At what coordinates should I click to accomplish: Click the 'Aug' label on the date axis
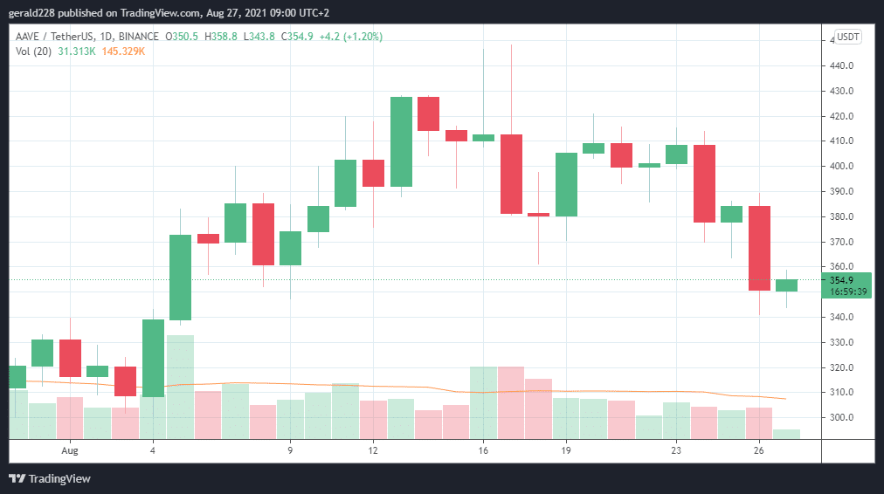point(71,450)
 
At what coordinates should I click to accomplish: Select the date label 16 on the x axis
point(483,450)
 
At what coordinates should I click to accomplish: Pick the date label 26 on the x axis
point(759,450)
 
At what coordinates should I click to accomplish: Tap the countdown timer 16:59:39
point(847,292)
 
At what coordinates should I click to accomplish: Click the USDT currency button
point(848,37)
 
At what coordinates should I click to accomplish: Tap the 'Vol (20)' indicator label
point(32,51)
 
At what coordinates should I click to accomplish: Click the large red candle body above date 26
point(759,248)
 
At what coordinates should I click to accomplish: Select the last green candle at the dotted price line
point(786,285)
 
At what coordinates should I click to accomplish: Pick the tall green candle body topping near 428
point(401,141)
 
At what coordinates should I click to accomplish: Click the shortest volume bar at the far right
point(786,433)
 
